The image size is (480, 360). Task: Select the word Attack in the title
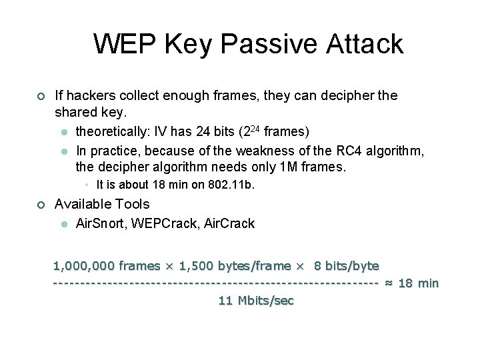[x=365, y=44]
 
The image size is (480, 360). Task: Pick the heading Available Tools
[x=102, y=204]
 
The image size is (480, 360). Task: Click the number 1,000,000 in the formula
[x=83, y=266]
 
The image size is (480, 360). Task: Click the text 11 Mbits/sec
[x=256, y=301]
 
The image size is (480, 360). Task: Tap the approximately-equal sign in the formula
[x=389, y=283]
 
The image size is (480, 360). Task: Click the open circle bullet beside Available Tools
[x=41, y=205]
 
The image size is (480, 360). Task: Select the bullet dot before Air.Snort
[x=65, y=224]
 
